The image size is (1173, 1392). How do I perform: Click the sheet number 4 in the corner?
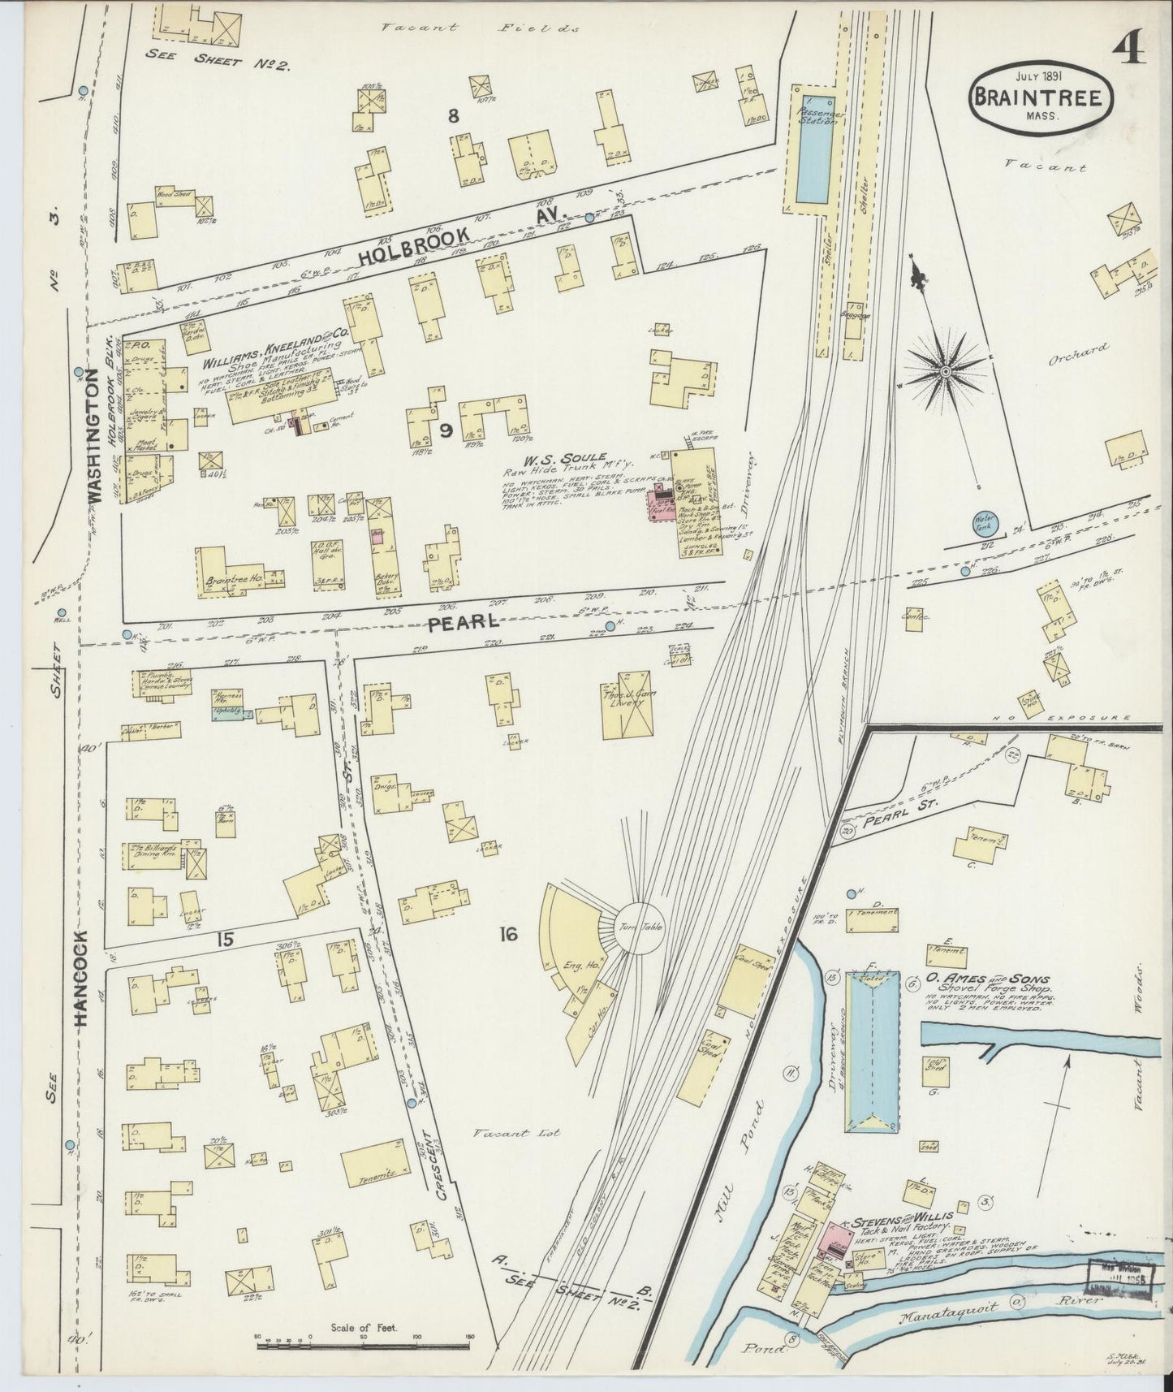[1129, 50]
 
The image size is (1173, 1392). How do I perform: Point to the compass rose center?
[945, 371]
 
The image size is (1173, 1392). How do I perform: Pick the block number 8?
[453, 116]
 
